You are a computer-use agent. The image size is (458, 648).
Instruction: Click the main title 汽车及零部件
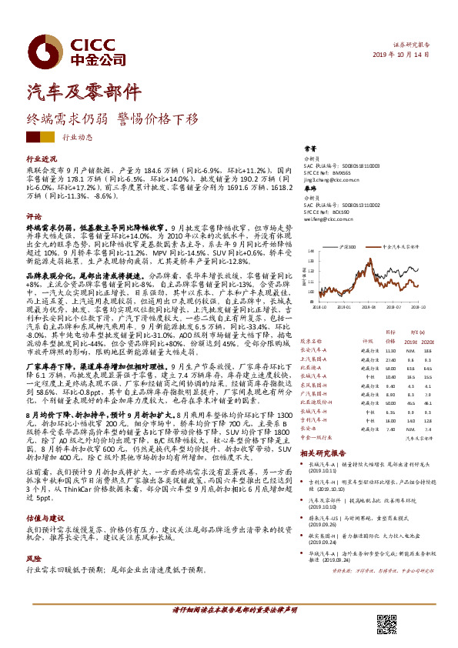point(85,90)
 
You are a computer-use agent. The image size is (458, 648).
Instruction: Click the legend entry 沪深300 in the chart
point(348,247)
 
